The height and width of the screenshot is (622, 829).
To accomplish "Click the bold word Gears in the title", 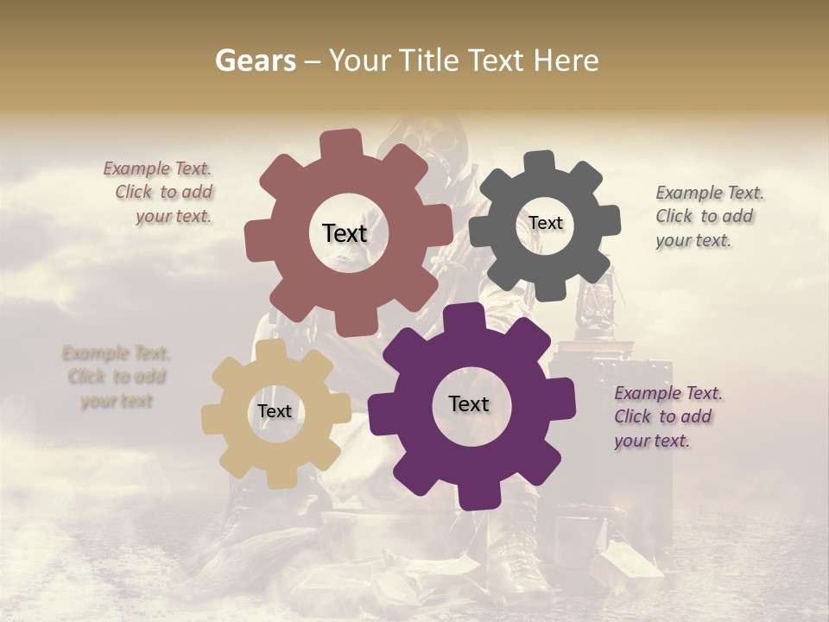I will [x=255, y=60].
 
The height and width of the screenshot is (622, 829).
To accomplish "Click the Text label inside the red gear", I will [x=345, y=233].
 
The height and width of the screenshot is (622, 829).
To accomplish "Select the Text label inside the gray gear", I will [x=546, y=223].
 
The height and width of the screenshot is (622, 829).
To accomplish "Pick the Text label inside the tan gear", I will [x=275, y=411].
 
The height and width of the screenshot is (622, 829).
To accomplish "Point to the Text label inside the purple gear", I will [x=469, y=403].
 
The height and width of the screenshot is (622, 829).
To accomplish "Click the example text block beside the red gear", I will [x=159, y=193].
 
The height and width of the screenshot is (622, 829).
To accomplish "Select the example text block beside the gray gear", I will [x=709, y=217].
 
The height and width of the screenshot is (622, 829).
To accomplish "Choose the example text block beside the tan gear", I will [x=117, y=377].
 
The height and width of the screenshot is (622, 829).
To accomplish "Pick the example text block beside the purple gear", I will [x=668, y=417].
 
